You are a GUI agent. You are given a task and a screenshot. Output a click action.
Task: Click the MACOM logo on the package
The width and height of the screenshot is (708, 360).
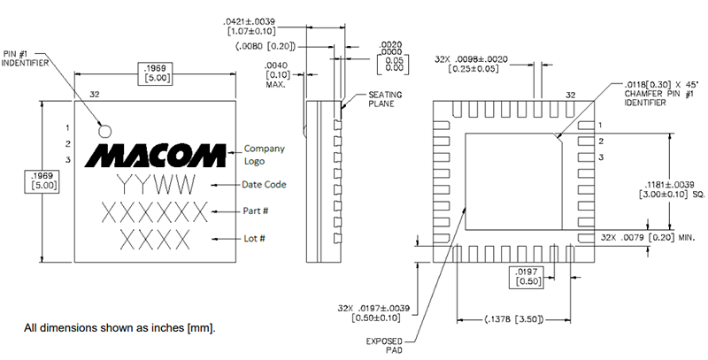tap(154, 154)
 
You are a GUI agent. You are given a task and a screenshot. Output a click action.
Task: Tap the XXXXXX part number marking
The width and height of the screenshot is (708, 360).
tap(154, 212)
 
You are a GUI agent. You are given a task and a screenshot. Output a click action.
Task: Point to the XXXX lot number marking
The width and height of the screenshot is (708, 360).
tap(155, 239)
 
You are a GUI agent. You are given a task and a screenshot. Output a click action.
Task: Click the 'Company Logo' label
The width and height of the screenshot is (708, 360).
tap(265, 155)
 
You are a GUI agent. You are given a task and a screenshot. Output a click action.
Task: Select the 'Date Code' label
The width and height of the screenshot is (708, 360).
tap(265, 184)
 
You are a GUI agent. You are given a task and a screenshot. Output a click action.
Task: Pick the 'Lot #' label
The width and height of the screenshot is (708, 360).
tap(256, 239)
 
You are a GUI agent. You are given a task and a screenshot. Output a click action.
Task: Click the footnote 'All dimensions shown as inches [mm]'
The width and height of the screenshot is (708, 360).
tap(119, 328)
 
